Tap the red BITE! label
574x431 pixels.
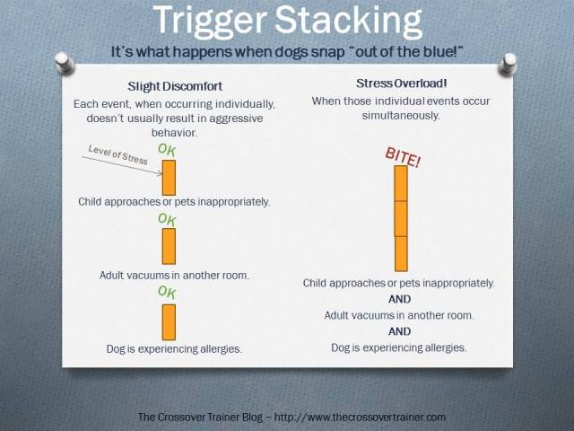[x=403, y=157]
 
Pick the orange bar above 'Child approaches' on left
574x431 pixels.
[x=169, y=177]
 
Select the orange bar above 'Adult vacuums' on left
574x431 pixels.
[x=169, y=246]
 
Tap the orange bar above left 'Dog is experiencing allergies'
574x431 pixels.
[x=169, y=321]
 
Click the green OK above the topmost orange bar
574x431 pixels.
[x=167, y=149]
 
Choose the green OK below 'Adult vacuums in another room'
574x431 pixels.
[x=167, y=294]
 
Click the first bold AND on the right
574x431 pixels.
[x=399, y=299]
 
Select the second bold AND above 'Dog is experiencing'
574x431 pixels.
[x=399, y=331]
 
